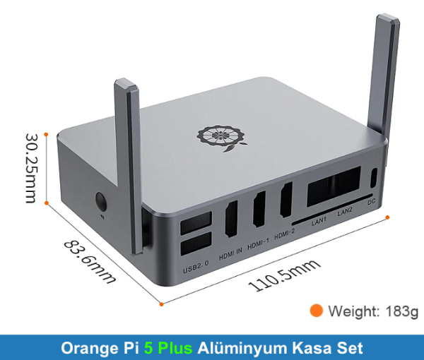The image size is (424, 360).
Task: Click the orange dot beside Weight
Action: coord(317,310)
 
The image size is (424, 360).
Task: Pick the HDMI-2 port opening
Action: coord(286,200)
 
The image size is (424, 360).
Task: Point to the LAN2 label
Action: coord(345,212)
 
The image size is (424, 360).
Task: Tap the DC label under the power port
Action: coord(372,202)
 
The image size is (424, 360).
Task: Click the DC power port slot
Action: coord(374,179)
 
